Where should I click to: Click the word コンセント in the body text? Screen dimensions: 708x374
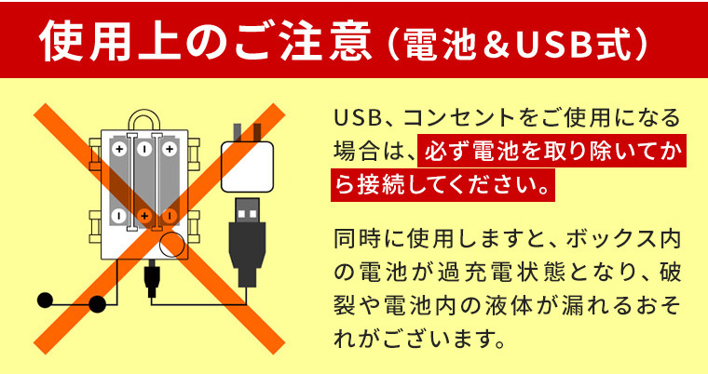[458, 117]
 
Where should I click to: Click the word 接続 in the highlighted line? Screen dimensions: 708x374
[380, 185]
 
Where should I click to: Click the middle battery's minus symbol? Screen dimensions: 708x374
[144, 149]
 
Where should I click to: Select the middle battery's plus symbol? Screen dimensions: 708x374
[144, 216]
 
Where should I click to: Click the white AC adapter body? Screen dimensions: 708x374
[248, 167]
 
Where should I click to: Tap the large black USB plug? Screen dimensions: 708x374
[248, 242]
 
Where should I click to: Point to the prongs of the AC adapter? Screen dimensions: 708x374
[247, 132]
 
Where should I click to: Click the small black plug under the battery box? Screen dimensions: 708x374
[152, 281]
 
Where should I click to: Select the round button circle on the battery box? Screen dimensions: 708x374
[172, 245]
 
